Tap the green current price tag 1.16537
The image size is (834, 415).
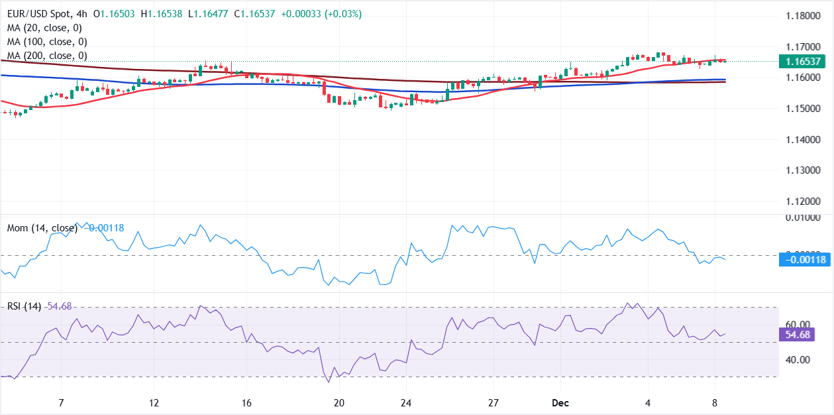(806, 62)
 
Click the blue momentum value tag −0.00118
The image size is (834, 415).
(806, 260)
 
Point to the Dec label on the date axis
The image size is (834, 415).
(560, 403)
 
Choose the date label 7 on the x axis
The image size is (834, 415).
(61, 403)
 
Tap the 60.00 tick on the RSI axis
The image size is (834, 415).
(798, 324)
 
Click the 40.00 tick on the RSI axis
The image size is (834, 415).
(798, 360)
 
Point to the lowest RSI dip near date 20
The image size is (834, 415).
(328, 382)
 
